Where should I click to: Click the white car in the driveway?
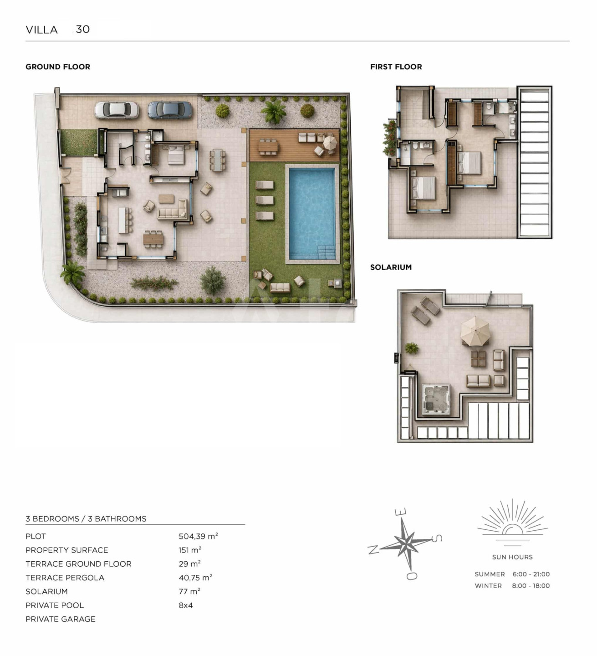[x=117, y=110]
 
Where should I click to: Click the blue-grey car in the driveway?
[x=169, y=110]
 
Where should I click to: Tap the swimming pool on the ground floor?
[x=312, y=214]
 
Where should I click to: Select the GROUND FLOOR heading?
[x=58, y=67]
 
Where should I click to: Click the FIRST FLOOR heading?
[x=396, y=67]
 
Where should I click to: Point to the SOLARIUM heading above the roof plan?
[x=391, y=267]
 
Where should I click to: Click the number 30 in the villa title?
[x=83, y=30]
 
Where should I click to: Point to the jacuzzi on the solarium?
[x=436, y=399]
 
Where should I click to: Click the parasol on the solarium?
[x=475, y=331]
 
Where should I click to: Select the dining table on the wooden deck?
[x=268, y=146]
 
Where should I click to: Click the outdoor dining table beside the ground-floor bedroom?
[x=218, y=160]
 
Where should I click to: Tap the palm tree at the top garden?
[x=274, y=111]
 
